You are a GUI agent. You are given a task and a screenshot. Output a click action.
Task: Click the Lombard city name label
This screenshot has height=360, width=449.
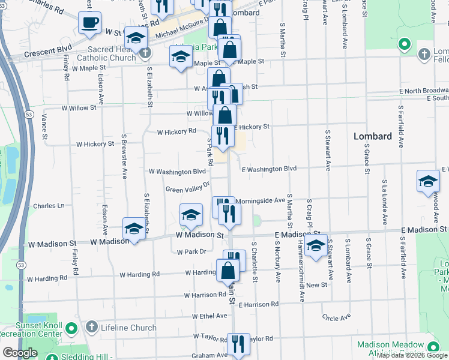tap(372, 136)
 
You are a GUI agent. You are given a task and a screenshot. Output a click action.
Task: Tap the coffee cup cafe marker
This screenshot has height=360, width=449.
tap(90, 23)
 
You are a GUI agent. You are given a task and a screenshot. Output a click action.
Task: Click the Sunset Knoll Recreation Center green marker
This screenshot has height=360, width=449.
tap(71, 328)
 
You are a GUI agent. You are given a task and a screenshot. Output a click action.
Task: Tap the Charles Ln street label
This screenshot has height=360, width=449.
tap(49, 206)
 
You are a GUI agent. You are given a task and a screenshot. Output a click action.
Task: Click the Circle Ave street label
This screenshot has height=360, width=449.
tap(336, 317)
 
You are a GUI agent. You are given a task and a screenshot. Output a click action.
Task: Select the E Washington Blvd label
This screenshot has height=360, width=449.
tap(269, 169)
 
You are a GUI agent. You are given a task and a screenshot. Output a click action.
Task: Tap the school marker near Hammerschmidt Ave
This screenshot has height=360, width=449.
tap(315, 245)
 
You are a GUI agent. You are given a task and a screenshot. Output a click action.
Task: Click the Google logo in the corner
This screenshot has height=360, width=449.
tap(20, 353)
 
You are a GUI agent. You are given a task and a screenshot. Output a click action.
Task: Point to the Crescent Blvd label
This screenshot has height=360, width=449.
tap(48, 48)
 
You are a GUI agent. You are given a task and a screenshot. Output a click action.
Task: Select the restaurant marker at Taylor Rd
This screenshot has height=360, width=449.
tap(238, 344)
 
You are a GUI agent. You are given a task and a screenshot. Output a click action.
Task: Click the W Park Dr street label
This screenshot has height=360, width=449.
tap(191, 251)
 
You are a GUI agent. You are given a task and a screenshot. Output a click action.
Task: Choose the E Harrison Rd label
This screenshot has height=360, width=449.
tap(258, 304)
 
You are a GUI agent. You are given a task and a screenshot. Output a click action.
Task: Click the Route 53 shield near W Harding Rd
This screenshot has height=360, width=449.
tap(21, 265)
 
